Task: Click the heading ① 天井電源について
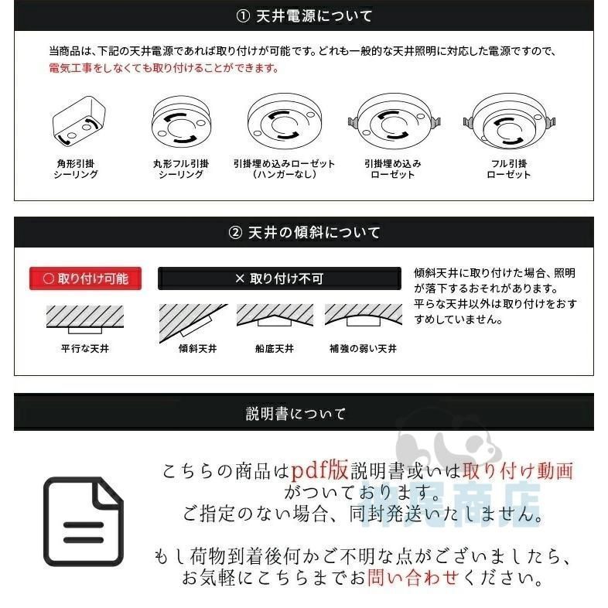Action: [x=303, y=15]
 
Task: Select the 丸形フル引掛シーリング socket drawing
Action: [x=180, y=124]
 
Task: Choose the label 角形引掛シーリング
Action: [x=76, y=169]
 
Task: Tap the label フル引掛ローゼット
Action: [x=508, y=169]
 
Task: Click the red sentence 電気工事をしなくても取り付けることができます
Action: [x=164, y=68]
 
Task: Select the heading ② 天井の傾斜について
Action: [x=304, y=232]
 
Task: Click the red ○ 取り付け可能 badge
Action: [x=86, y=278]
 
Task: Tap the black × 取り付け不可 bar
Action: [x=279, y=278]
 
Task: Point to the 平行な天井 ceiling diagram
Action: [x=85, y=319]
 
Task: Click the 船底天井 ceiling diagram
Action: [x=275, y=316]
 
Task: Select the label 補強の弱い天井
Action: [x=363, y=349]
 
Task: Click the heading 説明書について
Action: [x=295, y=414]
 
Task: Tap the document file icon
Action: [x=83, y=521]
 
